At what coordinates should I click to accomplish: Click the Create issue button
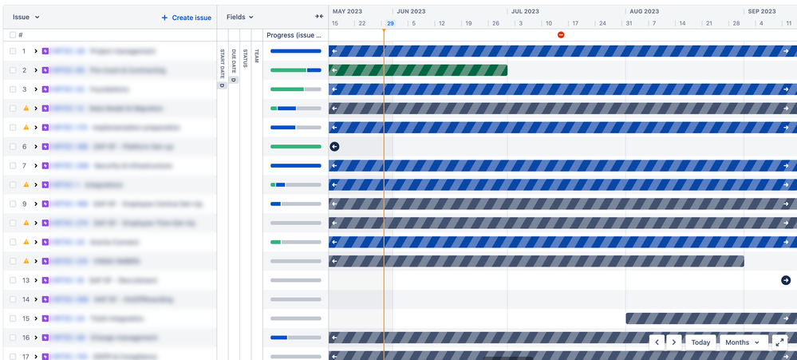pyautogui.click(x=187, y=17)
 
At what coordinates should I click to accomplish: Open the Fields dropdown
pyautogui.click(x=239, y=17)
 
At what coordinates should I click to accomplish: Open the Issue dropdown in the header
pyautogui.click(x=26, y=17)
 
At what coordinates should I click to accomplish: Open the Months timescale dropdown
pyautogui.click(x=743, y=342)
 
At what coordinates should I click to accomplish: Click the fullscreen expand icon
pyautogui.click(x=781, y=342)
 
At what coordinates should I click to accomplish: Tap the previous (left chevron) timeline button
pyautogui.click(x=657, y=342)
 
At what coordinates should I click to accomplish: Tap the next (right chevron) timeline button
pyautogui.click(x=674, y=342)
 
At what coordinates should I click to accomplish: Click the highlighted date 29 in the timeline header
pyautogui.click(x=390, y=23)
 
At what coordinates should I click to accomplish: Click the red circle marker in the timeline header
pyautogui.click(x=561, y=35)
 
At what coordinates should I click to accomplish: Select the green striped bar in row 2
pyautogui.click(x=418, y=70)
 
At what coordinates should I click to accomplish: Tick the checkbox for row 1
pyautogui.click(x=13, y=51)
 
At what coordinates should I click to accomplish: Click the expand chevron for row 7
pyautogui.click(x=36, y=166)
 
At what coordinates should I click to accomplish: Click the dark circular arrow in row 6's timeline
pyautogui.click(x=334, y=146)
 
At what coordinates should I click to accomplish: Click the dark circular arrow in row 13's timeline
pyautogui.click(x=786, y=280)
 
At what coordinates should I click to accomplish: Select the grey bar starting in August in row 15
pyautogui.click(x=710, y=318)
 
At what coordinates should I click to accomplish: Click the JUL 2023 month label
pyautogui.click(x=525, y=12)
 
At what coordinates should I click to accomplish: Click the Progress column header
pyautogui.click(x=294, y=35)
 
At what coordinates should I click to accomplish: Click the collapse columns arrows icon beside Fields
pyautogui.click(x=319, y=17)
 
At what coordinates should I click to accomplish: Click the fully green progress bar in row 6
pyautogui.click(x=295, y=147)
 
